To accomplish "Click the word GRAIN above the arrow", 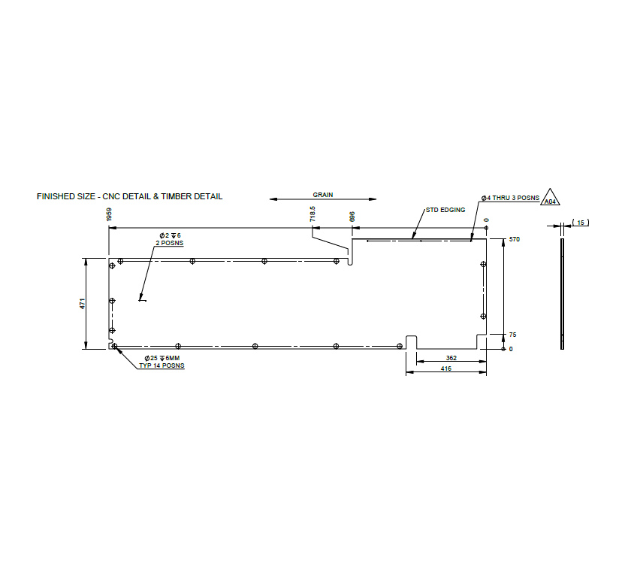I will [x=323, y=194].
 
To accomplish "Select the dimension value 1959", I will [x=110, y=215].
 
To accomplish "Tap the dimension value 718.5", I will [x=312, y=214].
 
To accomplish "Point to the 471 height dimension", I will [x=83, y=303].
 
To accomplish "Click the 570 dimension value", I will [x=515, y=239].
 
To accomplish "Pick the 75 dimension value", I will [x=512, y=335].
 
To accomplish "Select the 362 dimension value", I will [x=451, y=358].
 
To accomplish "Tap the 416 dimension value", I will [x=446, y=369].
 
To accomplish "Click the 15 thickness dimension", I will [x=583, y=223].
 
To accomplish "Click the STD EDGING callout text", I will [x=445, y=210].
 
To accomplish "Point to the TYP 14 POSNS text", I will [x=162, y=365].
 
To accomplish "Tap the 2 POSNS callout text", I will [x=170, y=243].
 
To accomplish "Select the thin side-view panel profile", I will [x=561, y=293].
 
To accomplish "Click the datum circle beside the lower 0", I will [x=503, y=349].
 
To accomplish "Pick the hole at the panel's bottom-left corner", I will [x=114, y=347].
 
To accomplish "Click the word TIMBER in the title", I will [x=178, y=196].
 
